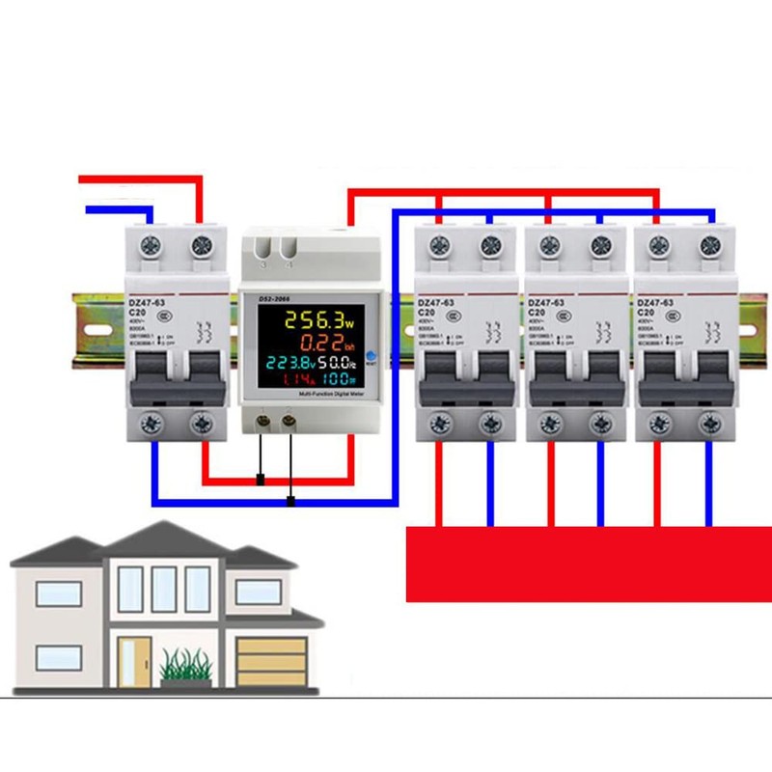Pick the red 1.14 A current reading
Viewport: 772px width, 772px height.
coord(284,383)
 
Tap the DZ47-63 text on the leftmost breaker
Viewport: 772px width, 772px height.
coord(146,301)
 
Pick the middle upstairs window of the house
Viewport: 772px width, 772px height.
coord(164,589)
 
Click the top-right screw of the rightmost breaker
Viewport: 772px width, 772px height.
coord(713,243)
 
